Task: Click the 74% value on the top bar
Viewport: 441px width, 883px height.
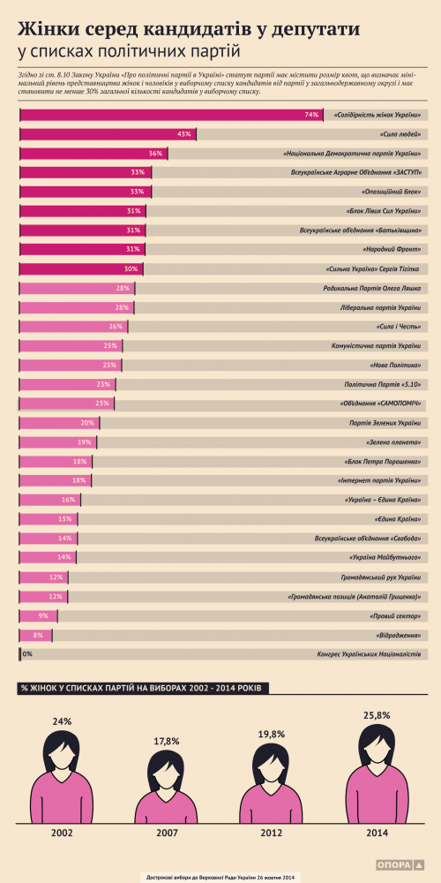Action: coord(310,115)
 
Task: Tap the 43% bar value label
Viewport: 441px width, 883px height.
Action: coord(184,134)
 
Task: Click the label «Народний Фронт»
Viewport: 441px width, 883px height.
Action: coord(394,249)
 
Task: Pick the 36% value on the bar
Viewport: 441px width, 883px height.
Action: coord(156,154)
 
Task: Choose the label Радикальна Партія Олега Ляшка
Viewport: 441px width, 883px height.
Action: coord(370,288)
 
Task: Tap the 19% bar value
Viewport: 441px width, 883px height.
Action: coord(85,441)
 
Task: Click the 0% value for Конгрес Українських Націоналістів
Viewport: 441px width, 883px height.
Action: coord(27,653)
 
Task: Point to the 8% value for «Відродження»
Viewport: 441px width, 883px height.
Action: coord(38,634)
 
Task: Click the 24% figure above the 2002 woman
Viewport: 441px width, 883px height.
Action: coord(62,721)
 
